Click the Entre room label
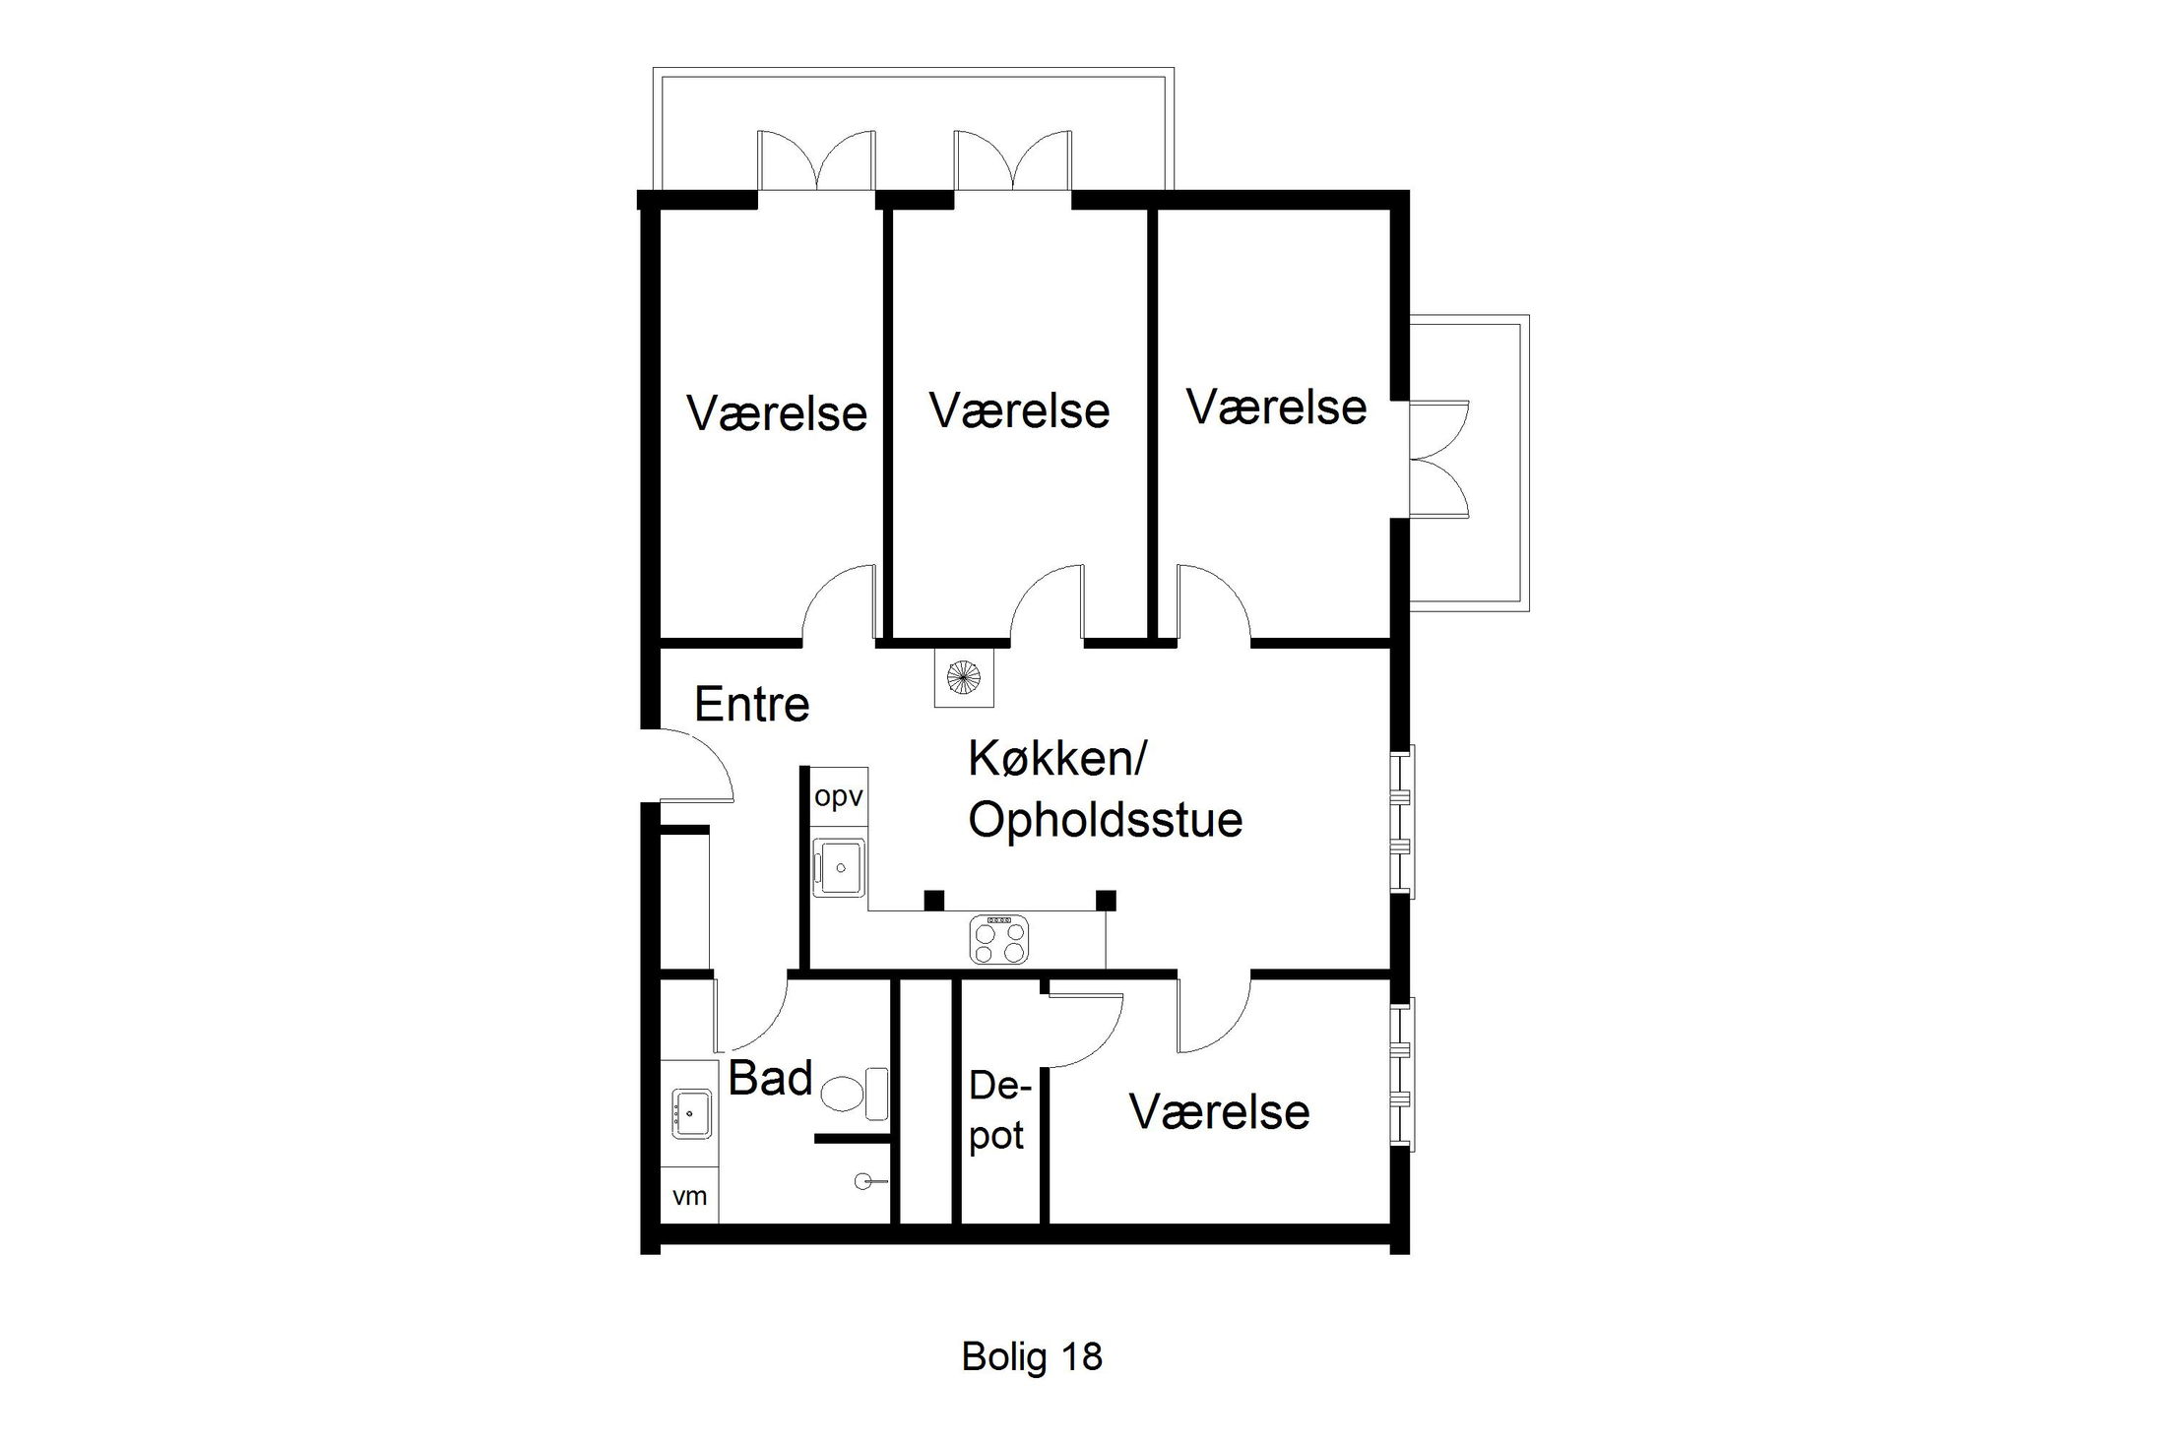(751, 705)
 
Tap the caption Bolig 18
(1031, 1356)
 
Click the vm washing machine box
(689, 1196)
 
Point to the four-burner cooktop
(998, 939)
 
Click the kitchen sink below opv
(839, 866)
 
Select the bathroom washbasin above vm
(691, 1113)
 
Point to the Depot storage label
(998, 1110)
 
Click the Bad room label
(769, 1079)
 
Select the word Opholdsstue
(1105, 820)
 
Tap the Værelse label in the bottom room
(1219, 1112)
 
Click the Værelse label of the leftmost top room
(776, 413)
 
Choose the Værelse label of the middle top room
(1019, 410)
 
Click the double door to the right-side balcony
(1437, 459)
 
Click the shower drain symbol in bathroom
(863, 1181)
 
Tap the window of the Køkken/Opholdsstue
(1402, 821)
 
